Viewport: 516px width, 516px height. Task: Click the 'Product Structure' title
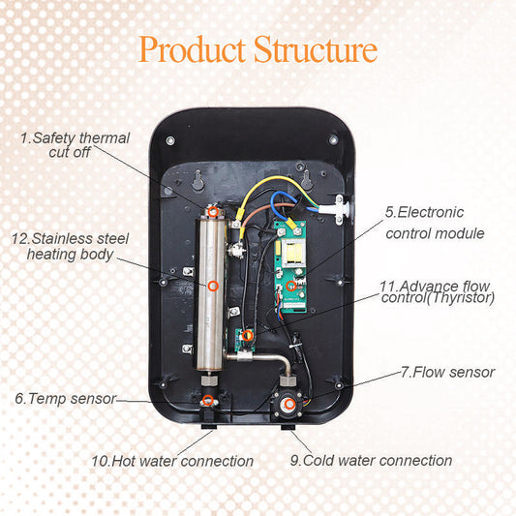258,49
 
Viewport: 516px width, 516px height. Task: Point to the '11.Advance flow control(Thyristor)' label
437,292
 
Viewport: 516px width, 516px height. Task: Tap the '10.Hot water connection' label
172,462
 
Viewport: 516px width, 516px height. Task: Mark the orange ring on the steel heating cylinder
213,285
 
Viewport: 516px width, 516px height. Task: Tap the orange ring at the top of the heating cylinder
213,210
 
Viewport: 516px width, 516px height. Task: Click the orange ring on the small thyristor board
248,336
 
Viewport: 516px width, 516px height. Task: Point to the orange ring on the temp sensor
209,399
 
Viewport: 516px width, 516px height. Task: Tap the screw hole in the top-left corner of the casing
171,141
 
